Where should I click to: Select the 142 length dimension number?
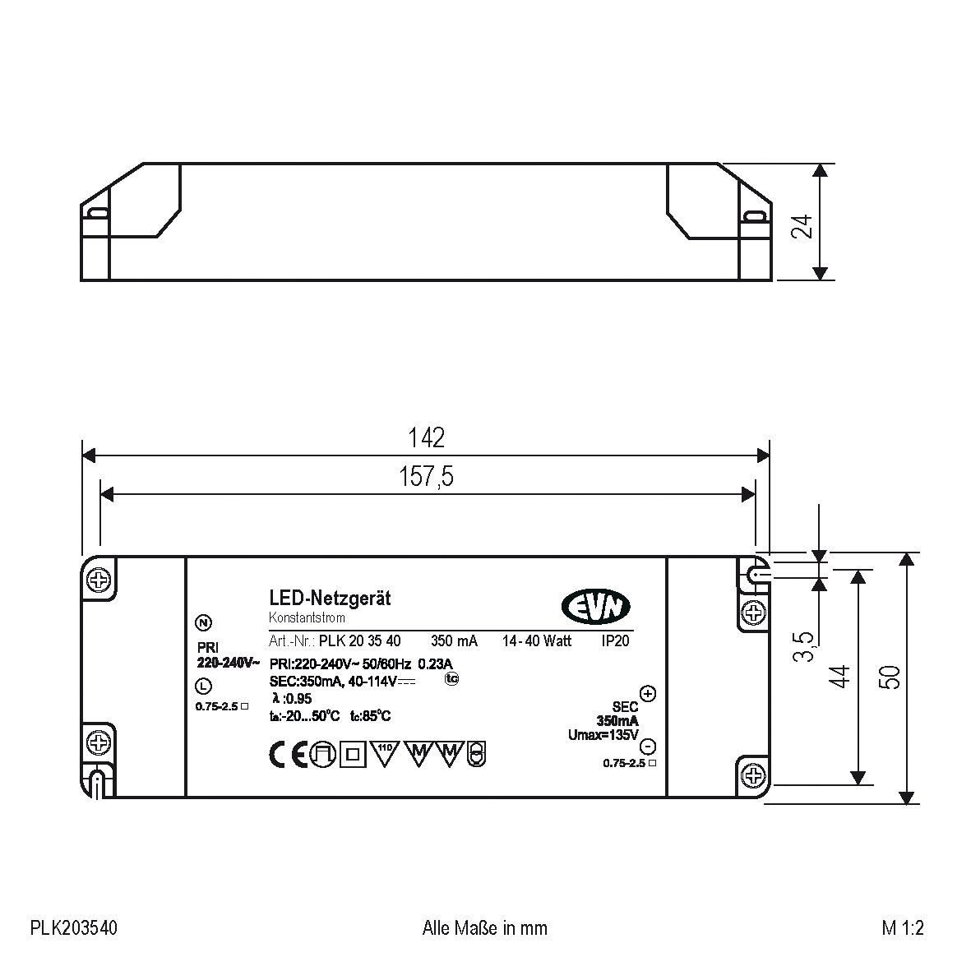(x=426, y=437)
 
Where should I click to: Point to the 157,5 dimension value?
(x=426, y=476)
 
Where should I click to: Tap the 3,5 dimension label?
(x=805, y=646)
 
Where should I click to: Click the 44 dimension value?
(x=839, y=677)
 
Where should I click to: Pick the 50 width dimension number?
(x=890, y=676)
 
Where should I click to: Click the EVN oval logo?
(x=596, y=608)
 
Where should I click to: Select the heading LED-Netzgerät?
(x=330, y=599)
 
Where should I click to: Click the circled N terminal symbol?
(x=203, y=622)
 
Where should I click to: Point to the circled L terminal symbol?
(x=203, y=686)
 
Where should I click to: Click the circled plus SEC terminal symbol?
(x=648, y=693)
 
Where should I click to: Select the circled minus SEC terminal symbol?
(x=648, y=747)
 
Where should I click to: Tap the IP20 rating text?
(x=615, y=640)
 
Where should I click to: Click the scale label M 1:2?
(x=903, y=928)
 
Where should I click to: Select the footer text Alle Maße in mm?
(x=484, y=928)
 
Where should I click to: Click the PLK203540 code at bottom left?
(x=74, y=928)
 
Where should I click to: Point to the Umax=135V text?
(x=603, y=734)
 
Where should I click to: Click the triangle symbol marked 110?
(x=385, y=751)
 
